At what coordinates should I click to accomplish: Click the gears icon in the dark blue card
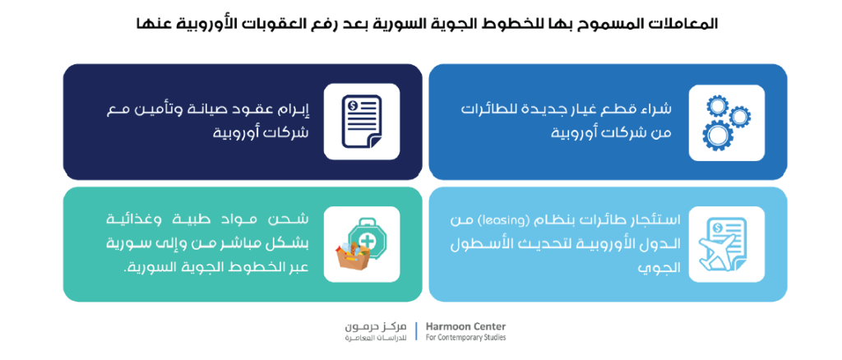tap(726, 122)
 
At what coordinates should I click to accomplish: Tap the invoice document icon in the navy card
tap(362, 122)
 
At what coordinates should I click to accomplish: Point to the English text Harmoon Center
tap(465, 327)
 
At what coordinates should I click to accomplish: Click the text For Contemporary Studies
tap(465, 338)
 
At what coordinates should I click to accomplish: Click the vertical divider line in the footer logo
tap(416, 331)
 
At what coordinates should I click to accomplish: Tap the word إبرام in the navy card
tap(294, 109)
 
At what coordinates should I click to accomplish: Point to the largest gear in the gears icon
tap(717, 136)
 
